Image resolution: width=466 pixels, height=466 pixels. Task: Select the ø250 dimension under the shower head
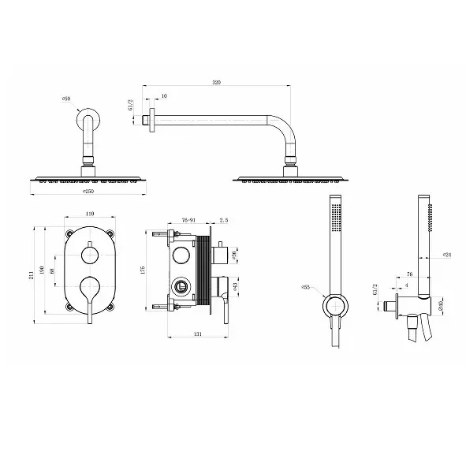click(88, 192)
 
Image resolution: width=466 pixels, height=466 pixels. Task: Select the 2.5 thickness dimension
click(224, 221)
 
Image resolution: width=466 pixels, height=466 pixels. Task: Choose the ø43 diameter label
click(234, 285)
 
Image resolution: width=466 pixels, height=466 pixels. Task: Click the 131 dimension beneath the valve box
click(198, 334)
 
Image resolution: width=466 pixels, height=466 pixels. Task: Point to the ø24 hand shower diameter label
click(446, 255)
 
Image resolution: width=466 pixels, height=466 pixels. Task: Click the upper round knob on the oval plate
click(90, 255)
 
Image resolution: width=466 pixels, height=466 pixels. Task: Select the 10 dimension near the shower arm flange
click(163, 96)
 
